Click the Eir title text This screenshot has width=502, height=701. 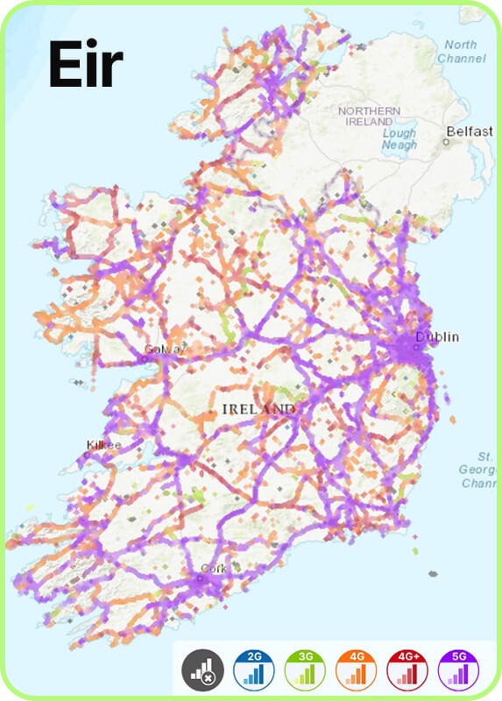click(85, 65)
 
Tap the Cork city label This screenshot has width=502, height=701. click(214, 569)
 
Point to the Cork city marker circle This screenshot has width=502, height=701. click(198, 575)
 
